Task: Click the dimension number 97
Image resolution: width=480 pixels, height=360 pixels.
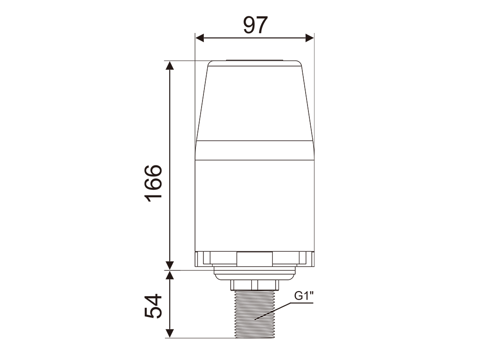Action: pos(255,25)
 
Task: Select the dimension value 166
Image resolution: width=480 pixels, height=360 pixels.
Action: pos(153,183)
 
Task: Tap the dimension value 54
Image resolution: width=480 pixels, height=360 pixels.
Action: pos(153,306)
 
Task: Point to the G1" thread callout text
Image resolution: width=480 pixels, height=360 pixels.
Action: pos(304,296)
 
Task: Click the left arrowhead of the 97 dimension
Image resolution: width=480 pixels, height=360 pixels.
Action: pos(200,38)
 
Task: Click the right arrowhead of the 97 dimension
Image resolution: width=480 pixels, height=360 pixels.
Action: pos(309,38)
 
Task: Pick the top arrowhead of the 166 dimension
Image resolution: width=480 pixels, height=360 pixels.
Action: pos(170,65)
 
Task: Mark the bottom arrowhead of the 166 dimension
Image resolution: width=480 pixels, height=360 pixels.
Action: pos(170,266)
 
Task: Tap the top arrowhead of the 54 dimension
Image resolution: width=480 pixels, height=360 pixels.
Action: pos(170,275)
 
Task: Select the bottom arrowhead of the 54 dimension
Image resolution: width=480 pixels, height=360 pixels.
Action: pos(170,334)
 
